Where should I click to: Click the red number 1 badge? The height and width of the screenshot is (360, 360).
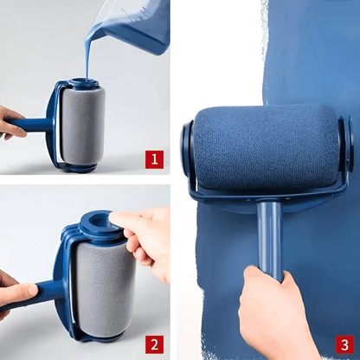pyautogui.click(x=153, y=158)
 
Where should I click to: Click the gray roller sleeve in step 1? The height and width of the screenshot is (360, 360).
pyautogui.click(x=85, y=121)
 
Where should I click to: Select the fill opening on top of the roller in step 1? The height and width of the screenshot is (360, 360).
pyautogui.click(x=81, y=83)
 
